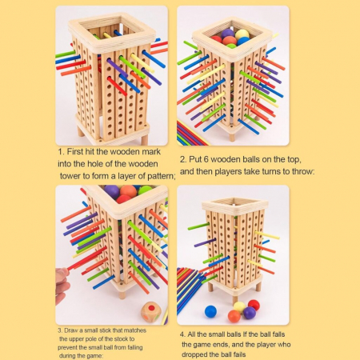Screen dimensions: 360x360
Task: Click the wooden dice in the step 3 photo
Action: coord(151,312)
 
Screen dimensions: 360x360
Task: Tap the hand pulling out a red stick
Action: coord(62,286)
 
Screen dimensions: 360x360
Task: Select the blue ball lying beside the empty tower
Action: coord(210,311)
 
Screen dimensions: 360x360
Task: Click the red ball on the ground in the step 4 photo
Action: coord(254,305)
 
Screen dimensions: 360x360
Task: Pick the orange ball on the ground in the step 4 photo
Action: coord(234,316)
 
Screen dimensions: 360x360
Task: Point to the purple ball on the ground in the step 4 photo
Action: coord(250,313)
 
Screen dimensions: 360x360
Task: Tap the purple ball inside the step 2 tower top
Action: coord(227,34)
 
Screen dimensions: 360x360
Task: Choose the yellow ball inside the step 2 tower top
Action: coord(242,34)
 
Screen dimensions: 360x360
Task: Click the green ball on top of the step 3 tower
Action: coord(146,190)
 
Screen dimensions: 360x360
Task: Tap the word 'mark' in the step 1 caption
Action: coord(151,151)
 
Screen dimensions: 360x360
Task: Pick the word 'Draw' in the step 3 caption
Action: coord(71,330)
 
